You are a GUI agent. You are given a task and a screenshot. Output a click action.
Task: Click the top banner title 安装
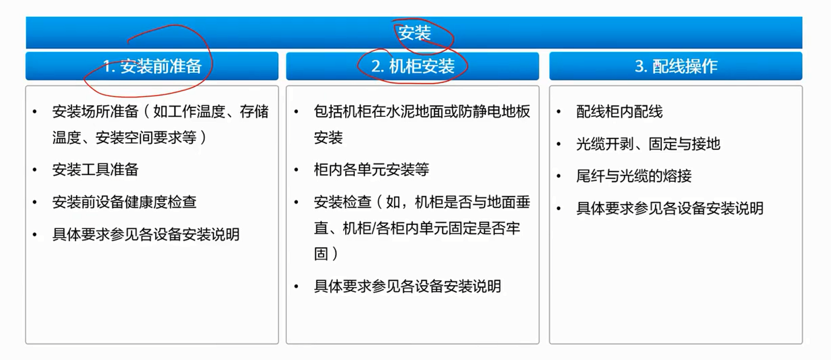tap(414, 33)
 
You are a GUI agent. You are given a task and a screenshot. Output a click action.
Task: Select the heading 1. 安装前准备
tap(152, 66)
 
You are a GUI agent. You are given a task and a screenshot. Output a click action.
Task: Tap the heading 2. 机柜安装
tap(412, 66)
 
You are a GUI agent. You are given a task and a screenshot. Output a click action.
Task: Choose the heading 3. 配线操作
tap(676, 66)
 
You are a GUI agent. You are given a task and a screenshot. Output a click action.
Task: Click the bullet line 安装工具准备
tap(95, 170)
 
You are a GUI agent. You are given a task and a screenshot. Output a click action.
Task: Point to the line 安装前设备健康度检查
tap(124, 202)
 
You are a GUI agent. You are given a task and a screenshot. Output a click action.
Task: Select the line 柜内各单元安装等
tap(371, 170)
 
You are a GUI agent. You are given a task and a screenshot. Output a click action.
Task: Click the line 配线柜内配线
tap(619, 112)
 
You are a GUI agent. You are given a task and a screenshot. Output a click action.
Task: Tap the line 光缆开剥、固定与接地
tap(648, 144)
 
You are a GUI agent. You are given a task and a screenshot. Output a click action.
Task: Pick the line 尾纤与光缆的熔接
tap(633, 176)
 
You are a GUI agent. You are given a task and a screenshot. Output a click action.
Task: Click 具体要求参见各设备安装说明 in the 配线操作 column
tap(670, 208)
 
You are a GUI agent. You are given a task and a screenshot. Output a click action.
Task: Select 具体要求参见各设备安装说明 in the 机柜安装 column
tap(407, 286)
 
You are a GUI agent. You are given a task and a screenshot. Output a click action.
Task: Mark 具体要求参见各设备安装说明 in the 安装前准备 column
tap(145, 234)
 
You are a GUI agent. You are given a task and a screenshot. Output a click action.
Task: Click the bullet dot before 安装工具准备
tap(35, 170)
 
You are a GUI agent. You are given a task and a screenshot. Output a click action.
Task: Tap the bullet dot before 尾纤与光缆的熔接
tap(559, 176)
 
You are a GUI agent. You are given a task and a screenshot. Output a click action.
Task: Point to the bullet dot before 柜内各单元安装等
tap(296, 170)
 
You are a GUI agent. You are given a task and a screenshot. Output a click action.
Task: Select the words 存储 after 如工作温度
tap(254, 112)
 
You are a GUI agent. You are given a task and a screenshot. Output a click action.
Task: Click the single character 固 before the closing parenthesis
tap(321, 253)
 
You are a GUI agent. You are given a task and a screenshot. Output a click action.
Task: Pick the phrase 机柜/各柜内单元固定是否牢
tap(432, 228)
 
